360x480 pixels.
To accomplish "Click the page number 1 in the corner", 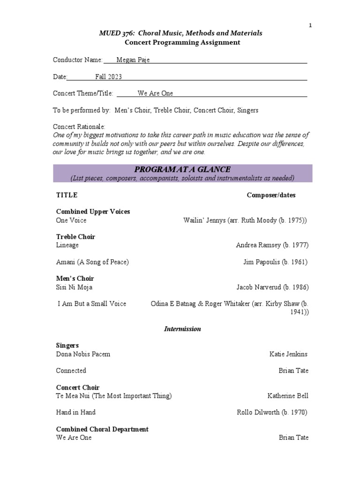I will (310, 25).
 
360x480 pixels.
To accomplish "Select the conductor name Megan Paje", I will (133, 60).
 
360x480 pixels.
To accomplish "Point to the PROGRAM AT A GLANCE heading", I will (183, 169).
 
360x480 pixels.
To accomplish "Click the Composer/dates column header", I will (271, 195).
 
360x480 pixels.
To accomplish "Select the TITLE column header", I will (67, 195).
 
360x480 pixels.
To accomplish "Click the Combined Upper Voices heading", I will (93, 211).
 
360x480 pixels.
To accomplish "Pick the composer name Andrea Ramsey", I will (258, 245).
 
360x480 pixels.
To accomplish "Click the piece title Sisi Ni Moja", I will (74, 287).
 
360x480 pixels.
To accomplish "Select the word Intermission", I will (182, 329).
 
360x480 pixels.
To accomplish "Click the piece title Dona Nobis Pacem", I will (83, 354).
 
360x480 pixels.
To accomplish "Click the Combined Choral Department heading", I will (102, 429).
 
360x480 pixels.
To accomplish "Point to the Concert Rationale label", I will (79, 127).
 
